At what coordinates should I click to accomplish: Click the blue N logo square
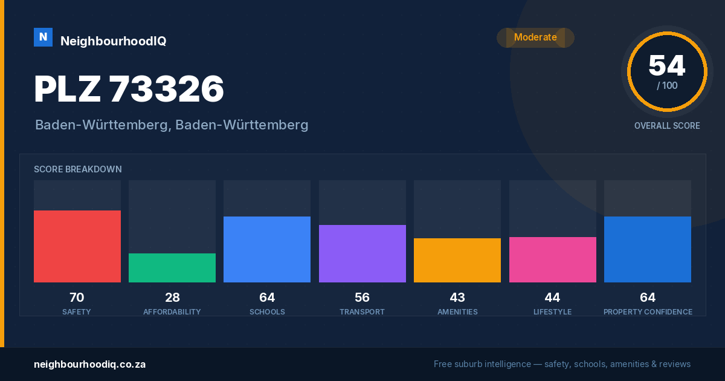pyautogui.click(x=43, y=37)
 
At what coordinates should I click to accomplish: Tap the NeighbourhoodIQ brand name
pyautogui.click(x=114, y=41)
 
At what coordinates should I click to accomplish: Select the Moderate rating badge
pyautogui.click(x=535, y=37)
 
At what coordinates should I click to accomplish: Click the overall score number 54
pyautogui.click(x=667, y=66)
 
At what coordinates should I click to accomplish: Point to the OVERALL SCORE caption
pyautogui.click(x=667, y=126)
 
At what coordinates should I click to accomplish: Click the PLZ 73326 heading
pyautogui.click(x=129, y=89)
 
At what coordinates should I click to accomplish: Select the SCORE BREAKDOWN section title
pyautogui.click(x=78, y=169)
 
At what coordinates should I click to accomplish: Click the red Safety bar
pyautogui.click(x=77, y=246)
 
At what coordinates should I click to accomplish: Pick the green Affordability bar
pyautogui.click(x=172, y=267)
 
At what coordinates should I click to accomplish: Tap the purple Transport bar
pyautogui.click(x=362, y=253)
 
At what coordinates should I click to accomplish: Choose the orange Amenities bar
pyautogui.click(x=457, y=260)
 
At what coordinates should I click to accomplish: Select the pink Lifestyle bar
pyautogui.click(x=552, y=259)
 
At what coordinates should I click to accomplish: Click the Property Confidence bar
pyautogui.click(x=648, y=249)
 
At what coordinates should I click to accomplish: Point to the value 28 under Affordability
pyautogui.click(x=172, y=298)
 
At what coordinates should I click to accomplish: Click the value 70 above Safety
pyautogui.click(x=77, y=298)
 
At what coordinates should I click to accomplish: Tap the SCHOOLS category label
pyautogui.click(x=267, y=312)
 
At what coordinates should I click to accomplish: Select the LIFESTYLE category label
pyautogui.click(x=552, y=312)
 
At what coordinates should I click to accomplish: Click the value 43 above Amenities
pyautogui.click(x=457, y=298)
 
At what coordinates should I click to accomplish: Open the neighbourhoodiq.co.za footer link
pyautogui.click(x=89, y=365)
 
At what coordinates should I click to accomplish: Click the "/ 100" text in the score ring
pyautogui.click(x=667, y=85)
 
